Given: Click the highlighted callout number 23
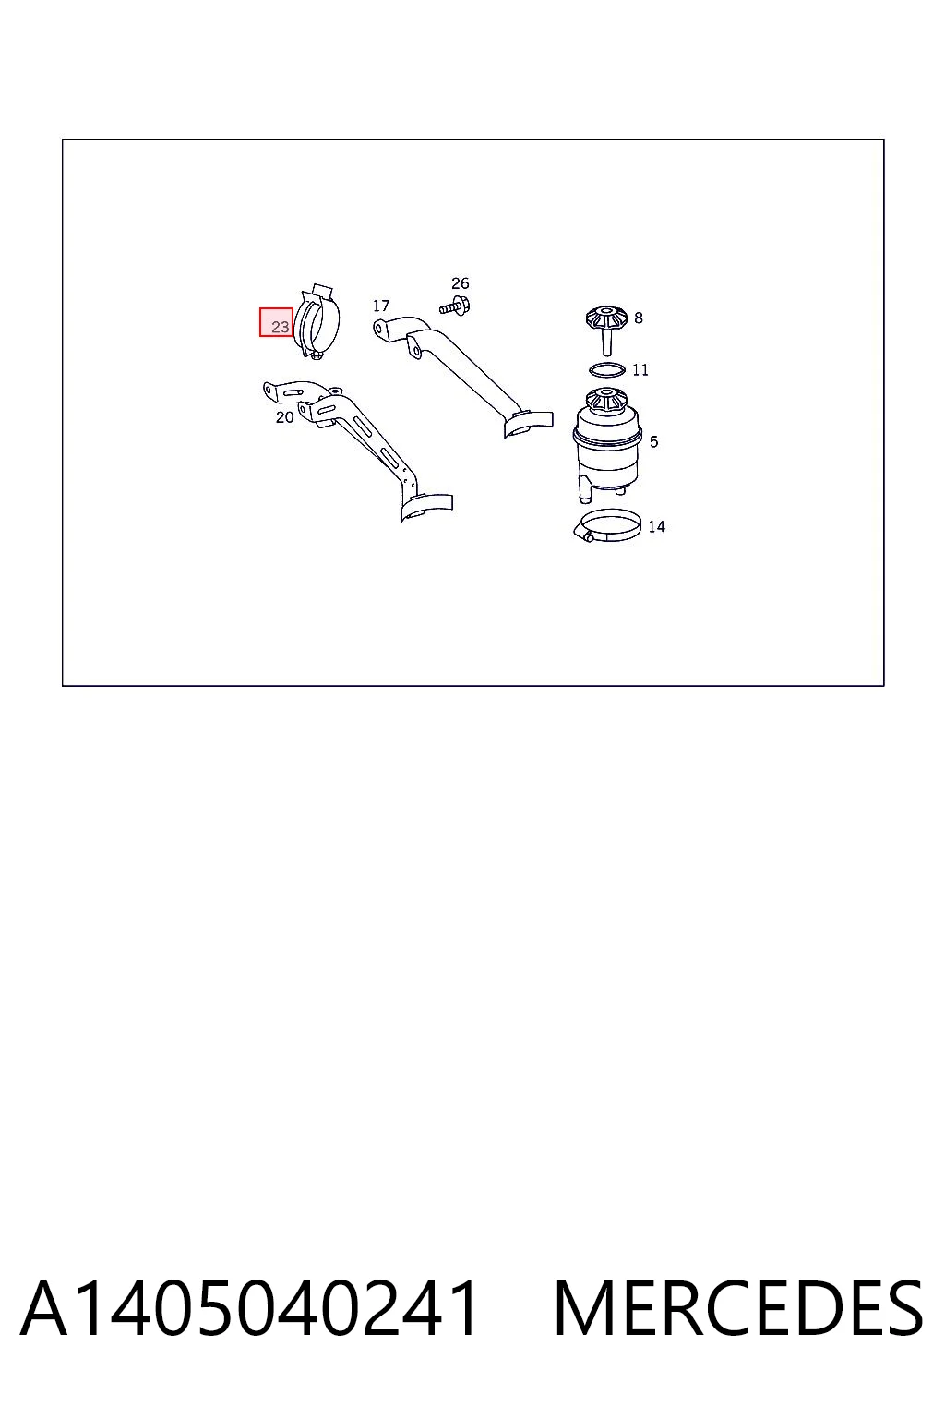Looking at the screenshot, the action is point(280,327).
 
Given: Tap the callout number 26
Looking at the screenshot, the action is point(461,283).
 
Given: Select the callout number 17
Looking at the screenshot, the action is point(381,306).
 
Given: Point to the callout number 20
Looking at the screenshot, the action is point(285,417).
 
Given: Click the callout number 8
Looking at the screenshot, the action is point(639,318).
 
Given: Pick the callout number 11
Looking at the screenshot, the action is point(640,369).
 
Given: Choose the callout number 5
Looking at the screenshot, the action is point(654,441).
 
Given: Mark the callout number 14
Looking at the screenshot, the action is point(656,526).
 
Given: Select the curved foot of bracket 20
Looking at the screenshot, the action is point(426,507).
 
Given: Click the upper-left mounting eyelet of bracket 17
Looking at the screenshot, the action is point(380,328).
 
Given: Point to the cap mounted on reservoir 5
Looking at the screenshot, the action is point(606,401).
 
